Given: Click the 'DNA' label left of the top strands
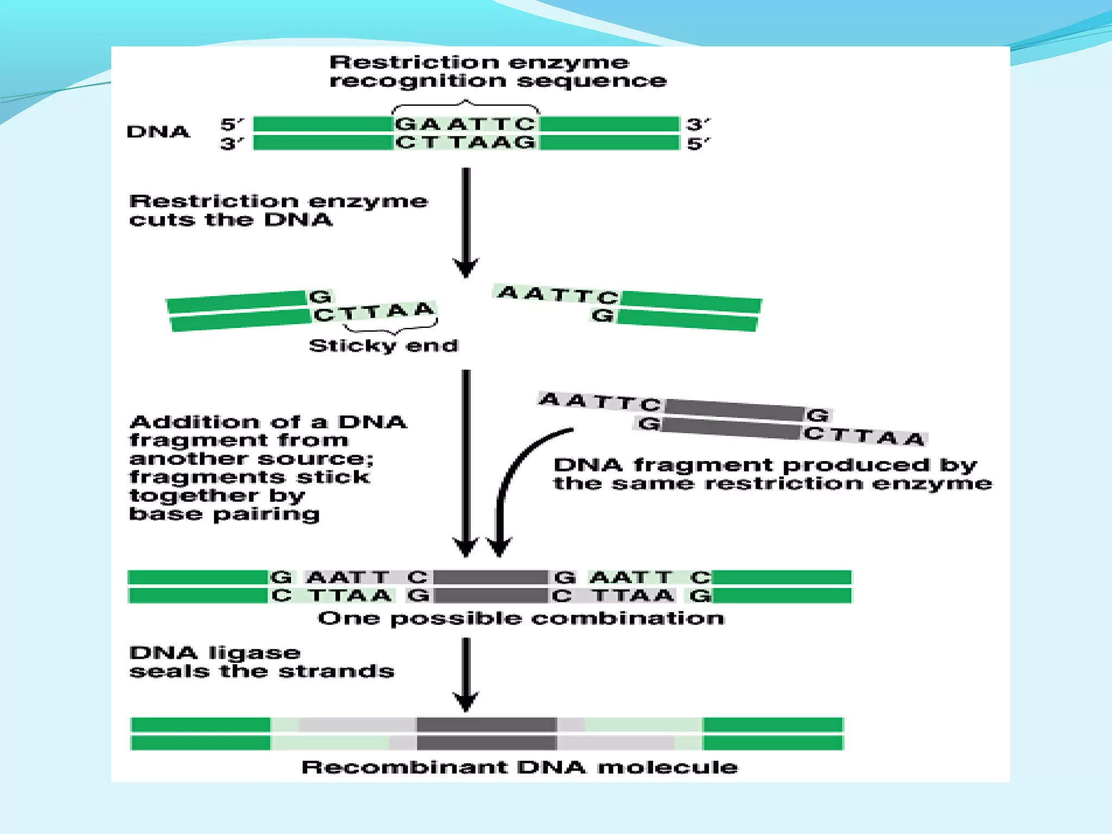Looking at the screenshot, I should [x=158, y=132].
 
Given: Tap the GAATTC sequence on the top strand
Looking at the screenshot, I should [x=465, y=124].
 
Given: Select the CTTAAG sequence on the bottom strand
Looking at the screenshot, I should [x=465, y=143].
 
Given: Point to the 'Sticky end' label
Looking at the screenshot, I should [x=383, y=346].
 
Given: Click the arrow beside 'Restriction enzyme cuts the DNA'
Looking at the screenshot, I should [x=466, y=223].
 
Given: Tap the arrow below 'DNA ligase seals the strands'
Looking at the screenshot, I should [x=466, y=673].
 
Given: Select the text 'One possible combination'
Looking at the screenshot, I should [x=521, y=618].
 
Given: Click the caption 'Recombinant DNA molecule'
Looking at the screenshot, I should [x=520, y=767].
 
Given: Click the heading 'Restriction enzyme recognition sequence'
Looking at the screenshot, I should [x=497, y=71].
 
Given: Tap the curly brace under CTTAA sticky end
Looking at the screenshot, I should [x=390, y=328].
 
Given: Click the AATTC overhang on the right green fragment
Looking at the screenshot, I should [x=558, y=295].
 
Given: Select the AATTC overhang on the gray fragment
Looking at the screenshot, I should [x=600, y=402].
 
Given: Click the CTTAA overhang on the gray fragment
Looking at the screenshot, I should [x=864, y=436].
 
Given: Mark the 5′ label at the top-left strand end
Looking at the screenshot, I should [x=232, y=124].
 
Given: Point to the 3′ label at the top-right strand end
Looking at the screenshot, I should [x=698, y=124].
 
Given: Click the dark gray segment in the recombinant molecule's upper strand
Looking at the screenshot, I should [x=486, y=724].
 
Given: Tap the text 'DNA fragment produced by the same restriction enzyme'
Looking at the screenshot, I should [x=772, y=474].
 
